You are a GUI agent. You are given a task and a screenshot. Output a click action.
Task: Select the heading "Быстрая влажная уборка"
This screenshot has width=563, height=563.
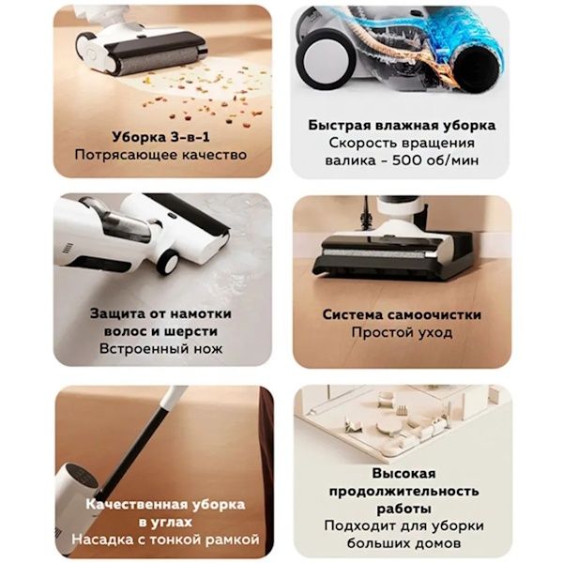pos(403,124)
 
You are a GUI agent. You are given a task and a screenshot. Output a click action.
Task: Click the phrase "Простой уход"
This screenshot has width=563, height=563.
pos(403,333)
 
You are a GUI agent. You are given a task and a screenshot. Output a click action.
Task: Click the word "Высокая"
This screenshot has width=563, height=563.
pos(403,473)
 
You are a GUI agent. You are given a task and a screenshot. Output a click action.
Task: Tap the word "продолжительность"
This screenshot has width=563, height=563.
pos(403,491)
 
